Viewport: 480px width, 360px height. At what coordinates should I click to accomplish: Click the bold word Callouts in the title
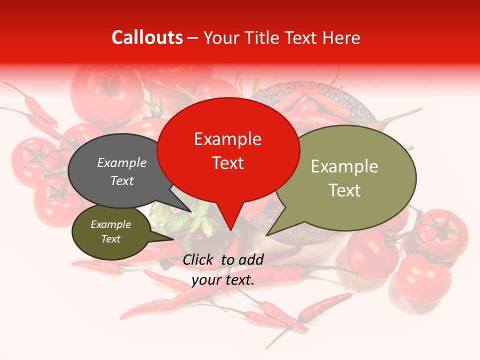coord(147,37)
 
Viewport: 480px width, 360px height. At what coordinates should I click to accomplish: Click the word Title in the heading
coord(262,37)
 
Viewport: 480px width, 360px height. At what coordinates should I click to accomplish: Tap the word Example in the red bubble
coord(227,139)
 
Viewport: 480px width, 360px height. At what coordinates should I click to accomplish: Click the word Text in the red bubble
coord(227,163)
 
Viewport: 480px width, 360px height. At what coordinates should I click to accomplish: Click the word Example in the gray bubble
coord(122,162)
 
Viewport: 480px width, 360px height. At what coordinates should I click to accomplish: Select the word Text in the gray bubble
coord(122,180)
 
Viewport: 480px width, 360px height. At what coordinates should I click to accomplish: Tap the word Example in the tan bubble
coord(344,166)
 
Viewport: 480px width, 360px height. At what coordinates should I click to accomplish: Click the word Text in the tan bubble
coord(344,190)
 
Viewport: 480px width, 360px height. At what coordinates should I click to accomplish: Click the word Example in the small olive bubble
coord(110,224)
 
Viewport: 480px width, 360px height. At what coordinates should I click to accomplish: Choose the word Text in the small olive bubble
coord(110,239)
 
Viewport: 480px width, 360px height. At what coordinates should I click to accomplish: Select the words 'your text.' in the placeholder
coord(223,280)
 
